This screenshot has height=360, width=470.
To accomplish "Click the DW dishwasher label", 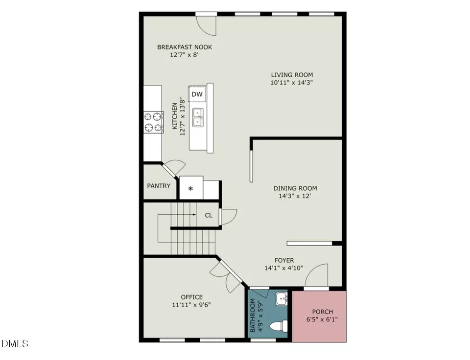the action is [197, 94].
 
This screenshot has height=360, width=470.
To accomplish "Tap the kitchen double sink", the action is [197, 117].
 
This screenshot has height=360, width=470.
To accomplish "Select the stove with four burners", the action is [153, 122].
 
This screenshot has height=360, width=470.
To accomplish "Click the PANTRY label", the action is [159, 186].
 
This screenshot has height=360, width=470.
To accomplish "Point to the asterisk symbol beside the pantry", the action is [190, 189].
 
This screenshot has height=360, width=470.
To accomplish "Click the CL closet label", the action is [209, 215].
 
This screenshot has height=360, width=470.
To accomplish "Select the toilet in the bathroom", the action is [279, 326].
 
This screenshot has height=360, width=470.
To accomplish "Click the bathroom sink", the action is [282, 299].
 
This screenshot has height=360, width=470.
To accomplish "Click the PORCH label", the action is [323, 312].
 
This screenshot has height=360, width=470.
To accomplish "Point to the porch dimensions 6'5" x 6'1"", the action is [322, 319].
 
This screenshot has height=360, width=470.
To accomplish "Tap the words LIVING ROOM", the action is [292, 75].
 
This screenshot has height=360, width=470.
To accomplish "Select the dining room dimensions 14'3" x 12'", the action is [295, 196].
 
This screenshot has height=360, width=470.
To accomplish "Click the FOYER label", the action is [284, 260].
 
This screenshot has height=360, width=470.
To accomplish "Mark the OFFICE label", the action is [192, 297].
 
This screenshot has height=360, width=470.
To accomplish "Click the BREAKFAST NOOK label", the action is [185, 47].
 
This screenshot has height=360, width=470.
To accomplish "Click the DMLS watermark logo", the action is [15, 343].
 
